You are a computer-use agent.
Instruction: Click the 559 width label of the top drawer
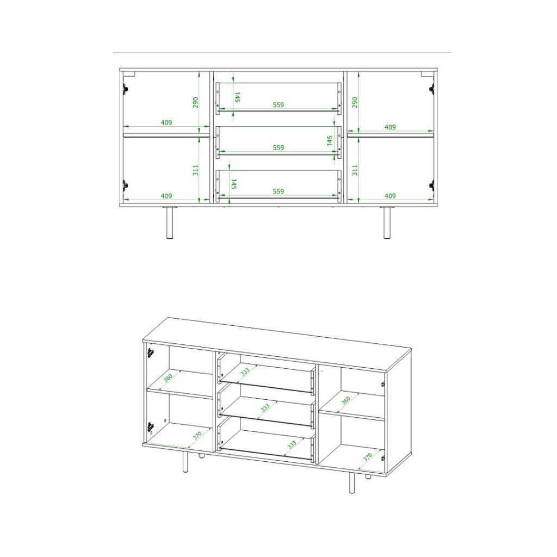pyautogui.click(x=278, y=105)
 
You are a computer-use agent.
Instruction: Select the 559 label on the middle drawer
pyautogui.click(x=278, y=147)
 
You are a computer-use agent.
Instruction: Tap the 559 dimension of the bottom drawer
pyautogui.click(x=278, y=191)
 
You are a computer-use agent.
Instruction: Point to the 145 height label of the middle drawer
pyautogui.click(x=330, y=140)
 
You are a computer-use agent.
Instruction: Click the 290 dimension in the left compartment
pyautogui.click(x=195, y=103)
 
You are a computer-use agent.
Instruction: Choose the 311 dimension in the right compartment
pyautogui.click(x=355, y=170)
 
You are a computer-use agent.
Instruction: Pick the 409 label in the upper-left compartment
pyautogui.click(x=166, y=122)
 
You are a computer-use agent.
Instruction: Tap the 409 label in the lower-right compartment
pyautogui.click(x=390, y=196)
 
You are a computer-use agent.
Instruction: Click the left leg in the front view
pyautogui.click(x=170, y=222)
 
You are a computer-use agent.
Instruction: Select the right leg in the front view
pyautogui.click(x=387, y=222)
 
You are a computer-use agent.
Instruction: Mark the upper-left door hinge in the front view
pyautogui.click(x=126, y=89)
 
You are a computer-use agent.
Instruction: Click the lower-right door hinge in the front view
pyautogui.click(x=432, y=185)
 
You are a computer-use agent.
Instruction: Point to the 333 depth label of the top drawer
pyautogui.click(x=245, y=372)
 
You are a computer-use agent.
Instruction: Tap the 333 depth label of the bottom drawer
pyautogui.click(x=292, y=445)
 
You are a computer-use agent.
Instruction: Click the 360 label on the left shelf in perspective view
pyautogui.click(x=168, y=377)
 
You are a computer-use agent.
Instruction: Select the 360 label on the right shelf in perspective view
pyautogui.click(x=346, y=400)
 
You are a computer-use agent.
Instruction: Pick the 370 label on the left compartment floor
pyautogui.click(x=197, y=435)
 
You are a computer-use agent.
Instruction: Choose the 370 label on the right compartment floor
pyautogui.click(x=368, y=457)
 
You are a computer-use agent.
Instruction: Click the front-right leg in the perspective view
pyautogui.click(x=352, y=482)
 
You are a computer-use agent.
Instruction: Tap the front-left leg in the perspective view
pyautogui.click(x=185, y=462)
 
